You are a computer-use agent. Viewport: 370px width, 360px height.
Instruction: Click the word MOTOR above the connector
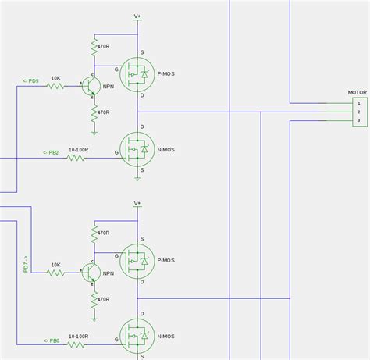point(357,92)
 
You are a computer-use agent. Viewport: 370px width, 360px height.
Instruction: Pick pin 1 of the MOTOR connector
point(358,103)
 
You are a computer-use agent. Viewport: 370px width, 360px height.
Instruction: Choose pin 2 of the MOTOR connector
point(358,112)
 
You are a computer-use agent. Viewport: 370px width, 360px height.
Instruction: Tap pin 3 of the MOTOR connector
point(358,120)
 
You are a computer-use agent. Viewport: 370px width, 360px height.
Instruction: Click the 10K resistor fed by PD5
point(55,86)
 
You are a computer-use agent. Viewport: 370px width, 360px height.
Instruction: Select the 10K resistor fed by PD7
point(55,273)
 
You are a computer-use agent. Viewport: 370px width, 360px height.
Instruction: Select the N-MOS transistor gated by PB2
point(137,148)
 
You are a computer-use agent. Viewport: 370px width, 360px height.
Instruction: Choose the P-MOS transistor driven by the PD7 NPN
point(137,259)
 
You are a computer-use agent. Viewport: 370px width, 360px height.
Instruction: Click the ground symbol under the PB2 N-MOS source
point(137,178)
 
